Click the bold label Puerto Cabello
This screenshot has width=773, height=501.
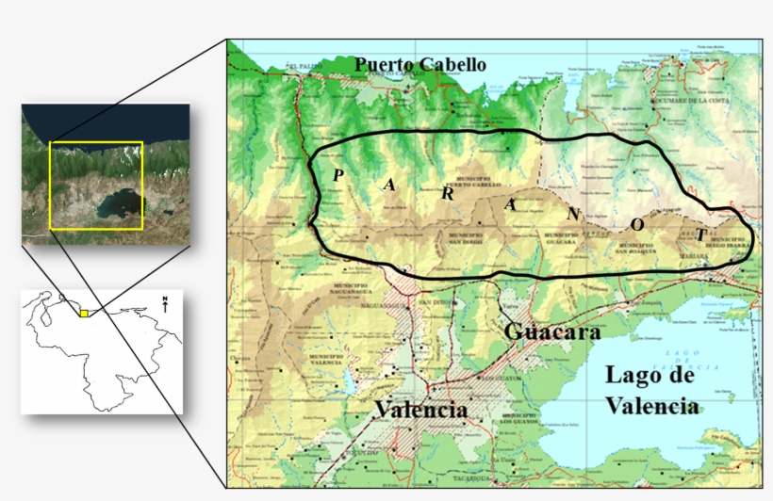[x=420, y=65]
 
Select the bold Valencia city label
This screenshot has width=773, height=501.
[x=420, y=411]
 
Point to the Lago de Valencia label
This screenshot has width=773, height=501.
[x=651, y=390]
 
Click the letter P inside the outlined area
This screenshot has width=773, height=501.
[x=337, y=175]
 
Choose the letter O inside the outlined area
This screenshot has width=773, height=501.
[x=638, y=225]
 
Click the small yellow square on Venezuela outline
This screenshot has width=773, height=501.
[x=84, y=314]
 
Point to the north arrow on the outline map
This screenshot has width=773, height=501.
[x=166, y=305]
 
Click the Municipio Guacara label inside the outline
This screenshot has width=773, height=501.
[x=560, y=239]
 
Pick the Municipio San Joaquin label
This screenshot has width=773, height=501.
[x=634, y=250]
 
